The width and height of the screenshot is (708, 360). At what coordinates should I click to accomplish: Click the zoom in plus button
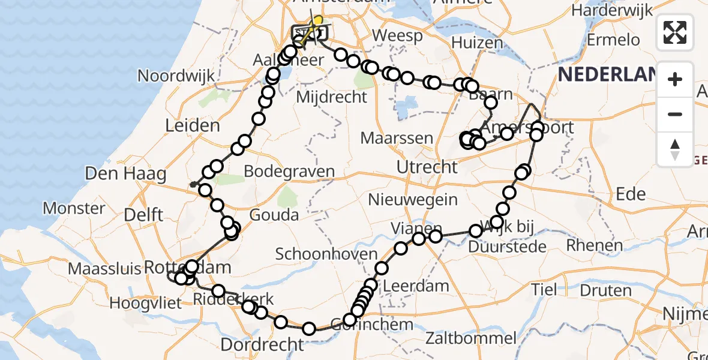[x=675, y=80]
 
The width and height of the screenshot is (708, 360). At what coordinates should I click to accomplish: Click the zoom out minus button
[x=675, y=114]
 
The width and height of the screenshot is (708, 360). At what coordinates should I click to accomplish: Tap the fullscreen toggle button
[x=675, y=32]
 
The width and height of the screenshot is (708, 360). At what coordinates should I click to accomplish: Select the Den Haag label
[x=125, y=174]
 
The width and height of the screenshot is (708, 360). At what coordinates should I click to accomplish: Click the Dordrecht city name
[x=262, y=344]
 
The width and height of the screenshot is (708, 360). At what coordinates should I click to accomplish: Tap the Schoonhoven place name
[x=326, y=253]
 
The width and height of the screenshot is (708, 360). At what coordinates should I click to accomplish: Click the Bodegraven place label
[x=290, y=172]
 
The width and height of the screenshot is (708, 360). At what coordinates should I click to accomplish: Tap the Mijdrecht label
[x=332, y=97]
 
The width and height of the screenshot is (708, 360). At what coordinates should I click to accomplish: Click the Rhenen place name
[x=595, y=245]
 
